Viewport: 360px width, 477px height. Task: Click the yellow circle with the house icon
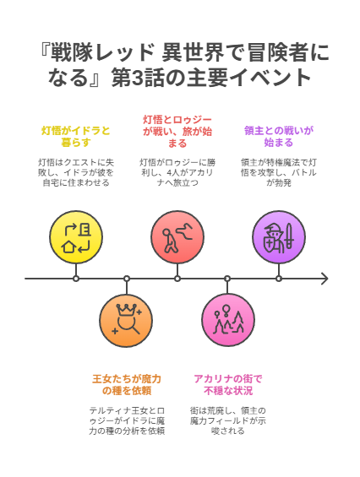coord(76,237)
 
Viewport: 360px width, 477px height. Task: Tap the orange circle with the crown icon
coord(126,320)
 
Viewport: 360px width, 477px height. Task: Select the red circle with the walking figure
coord(177,237)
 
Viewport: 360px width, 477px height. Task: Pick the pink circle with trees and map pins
coord(228,320)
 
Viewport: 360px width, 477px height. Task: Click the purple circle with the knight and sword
coord(279,237)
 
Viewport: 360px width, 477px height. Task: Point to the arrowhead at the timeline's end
coord(325,279)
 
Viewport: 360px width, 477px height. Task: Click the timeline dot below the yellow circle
coord(76,279)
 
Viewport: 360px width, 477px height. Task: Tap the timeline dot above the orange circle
coord(127,279)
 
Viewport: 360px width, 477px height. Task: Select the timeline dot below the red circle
coord(177,279)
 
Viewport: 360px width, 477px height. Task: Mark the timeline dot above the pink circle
coord(227,279)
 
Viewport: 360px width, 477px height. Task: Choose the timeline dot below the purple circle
coord(279,279)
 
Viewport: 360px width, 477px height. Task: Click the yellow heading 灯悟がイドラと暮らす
coord(76,137)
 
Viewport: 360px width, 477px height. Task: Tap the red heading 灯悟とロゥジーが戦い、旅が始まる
coord(177,132)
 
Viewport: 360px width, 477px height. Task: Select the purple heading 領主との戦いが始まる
coord(279,137)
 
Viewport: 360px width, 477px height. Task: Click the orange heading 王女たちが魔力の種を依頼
coord(127,385)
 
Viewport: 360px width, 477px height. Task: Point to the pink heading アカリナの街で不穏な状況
coord(228,385)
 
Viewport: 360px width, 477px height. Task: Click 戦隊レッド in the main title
coord(102,52)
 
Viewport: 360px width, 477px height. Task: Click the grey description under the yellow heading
coord(76,172)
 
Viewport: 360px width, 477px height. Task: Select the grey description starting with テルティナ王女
coord(127,420)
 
